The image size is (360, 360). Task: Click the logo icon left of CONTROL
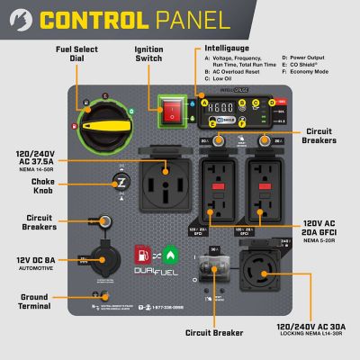(x=18, y=19)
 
